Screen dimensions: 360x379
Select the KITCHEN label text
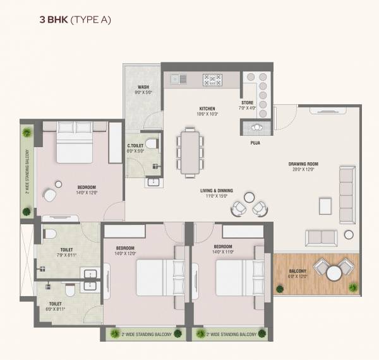tap(207, 109)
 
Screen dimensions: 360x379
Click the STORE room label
tap(247, 102)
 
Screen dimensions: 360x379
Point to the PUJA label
tap(255, 143)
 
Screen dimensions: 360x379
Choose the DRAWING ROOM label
tap(304, 164)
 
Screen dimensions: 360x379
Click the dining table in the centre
tap(189, 151)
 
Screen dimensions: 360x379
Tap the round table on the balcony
tap(334, 273)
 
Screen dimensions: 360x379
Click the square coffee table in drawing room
tap(325, 206)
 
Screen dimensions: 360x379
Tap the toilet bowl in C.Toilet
tap(150, 143)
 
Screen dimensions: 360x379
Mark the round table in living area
tap(250, 198)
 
